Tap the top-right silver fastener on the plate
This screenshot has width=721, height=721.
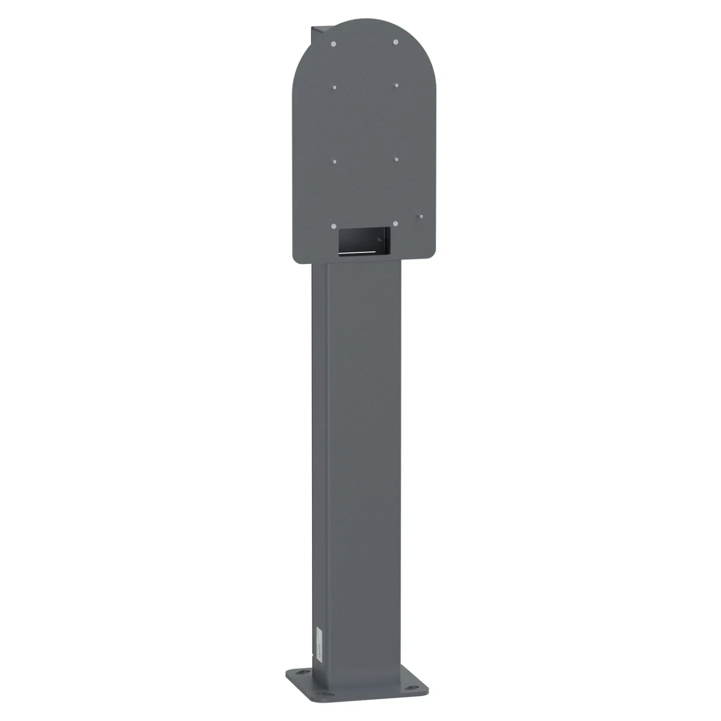(x=395, y=42)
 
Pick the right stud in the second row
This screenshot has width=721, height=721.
(x=396, y=85)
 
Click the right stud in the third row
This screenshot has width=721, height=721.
(x=396, y=160)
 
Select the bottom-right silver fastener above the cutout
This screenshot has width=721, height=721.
(x=396, y=223)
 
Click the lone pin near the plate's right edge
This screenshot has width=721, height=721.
(x=422, y=217)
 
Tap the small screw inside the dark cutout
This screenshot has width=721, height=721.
(x=381, y=240)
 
